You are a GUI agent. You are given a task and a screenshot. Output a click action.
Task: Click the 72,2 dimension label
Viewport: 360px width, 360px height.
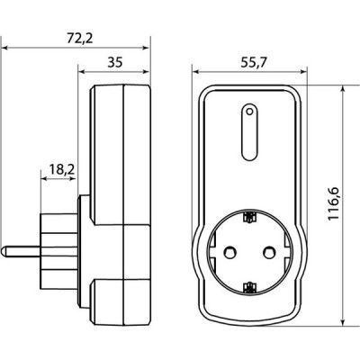pos(79,39)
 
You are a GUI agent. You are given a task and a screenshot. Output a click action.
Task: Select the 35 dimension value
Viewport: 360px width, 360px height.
pos(115,63)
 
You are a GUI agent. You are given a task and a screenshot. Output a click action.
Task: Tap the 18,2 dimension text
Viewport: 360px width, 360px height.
pos(62,169)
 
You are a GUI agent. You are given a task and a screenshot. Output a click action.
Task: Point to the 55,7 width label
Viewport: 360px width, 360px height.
pos(254,63)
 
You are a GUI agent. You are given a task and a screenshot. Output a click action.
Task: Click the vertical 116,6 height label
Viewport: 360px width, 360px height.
pos(333,203)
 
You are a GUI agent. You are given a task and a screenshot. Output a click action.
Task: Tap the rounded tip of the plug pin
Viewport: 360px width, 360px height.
pos(3,251)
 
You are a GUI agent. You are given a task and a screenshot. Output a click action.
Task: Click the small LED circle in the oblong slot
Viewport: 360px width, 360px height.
pos(249,112)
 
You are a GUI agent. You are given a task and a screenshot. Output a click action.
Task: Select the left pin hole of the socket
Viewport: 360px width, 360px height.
pos(230,252)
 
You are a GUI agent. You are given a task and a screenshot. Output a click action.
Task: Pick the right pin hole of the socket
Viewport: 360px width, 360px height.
pos(269,252)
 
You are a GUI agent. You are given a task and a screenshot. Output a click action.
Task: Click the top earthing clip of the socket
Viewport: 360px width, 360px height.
pos(249,217)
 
